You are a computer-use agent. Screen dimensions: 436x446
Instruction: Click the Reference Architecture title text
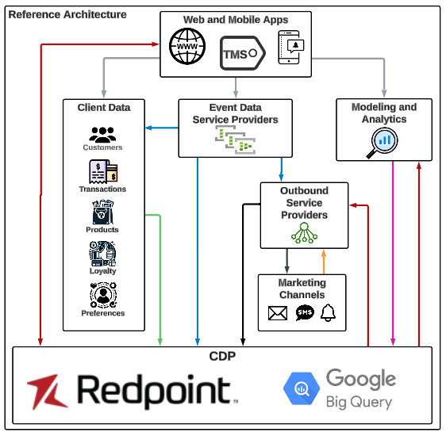[67, 14]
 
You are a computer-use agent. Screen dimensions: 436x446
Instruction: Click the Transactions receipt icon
[103, 172]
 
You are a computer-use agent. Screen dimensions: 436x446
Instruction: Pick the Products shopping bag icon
[102, 212]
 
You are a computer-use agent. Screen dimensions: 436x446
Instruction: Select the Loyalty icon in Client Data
[102, 254]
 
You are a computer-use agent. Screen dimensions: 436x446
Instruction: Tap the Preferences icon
[102, 296]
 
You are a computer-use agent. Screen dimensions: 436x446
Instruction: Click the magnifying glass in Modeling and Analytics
[384, 141]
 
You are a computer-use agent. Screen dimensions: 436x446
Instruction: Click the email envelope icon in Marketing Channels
[277, 313]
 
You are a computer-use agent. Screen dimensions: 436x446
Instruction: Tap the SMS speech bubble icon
[304, 313]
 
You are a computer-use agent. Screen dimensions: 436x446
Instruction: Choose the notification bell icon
[329, 313]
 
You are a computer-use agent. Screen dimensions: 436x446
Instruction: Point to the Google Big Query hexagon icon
[300, 389]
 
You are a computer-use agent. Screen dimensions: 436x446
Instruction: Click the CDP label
[222, 356]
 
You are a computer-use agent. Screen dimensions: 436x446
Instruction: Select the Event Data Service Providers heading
[235, 113]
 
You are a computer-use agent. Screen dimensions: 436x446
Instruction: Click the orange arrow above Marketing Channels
[323, 261]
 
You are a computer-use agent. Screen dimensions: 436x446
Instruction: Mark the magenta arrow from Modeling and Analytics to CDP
[392, 254]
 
